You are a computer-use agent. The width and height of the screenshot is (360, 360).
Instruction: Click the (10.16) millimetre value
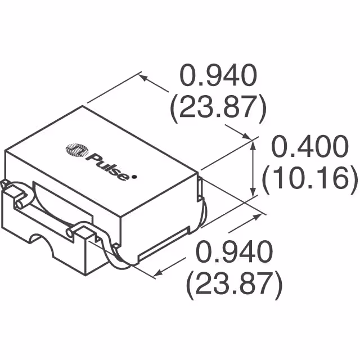309,180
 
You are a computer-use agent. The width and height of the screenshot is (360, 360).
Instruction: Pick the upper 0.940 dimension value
218,76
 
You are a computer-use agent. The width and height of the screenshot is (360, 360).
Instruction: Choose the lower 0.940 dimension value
233,250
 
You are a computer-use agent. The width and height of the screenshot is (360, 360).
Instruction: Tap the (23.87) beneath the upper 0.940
218,108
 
